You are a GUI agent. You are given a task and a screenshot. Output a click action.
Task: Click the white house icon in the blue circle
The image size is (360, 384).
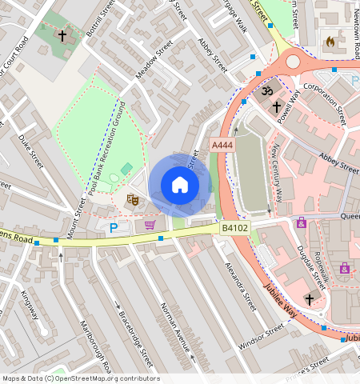180,186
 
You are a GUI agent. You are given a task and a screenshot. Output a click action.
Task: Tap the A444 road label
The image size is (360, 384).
222,145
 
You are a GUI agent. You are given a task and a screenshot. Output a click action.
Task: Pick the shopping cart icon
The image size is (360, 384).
150,225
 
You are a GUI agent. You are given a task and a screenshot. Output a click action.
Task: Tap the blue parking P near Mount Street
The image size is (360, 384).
113,229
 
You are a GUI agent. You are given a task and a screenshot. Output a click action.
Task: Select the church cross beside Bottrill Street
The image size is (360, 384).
62,36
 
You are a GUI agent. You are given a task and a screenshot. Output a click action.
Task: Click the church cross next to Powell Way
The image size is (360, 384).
277,106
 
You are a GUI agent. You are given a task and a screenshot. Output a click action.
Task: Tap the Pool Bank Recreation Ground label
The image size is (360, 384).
107,147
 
